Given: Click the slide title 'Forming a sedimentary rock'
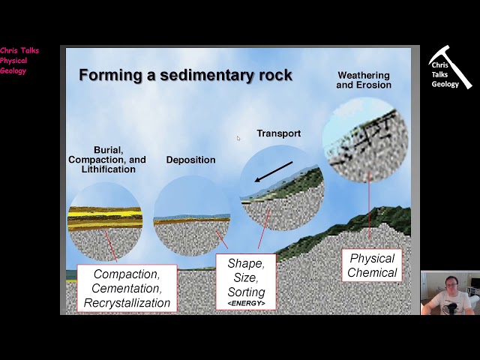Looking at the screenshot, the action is (x=185, y=75).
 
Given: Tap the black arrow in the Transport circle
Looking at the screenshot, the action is (x=273, y=172).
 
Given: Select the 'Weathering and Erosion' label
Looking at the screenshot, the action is (x=364, y=80).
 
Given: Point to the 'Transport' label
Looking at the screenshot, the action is (x=278, y=133).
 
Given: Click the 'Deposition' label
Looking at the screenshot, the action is (x=190, y=160).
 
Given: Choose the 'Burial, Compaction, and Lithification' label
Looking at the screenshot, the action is (x=107, y=160).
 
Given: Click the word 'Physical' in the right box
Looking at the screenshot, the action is (x=372, y=259).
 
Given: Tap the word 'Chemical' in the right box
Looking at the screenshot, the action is (x=372, y=273).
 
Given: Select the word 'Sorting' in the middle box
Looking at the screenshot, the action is (x=246, y=292).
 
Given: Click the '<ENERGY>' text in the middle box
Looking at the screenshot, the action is (x=246, y=303).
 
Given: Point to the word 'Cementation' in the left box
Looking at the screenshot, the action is (x=127, y=289).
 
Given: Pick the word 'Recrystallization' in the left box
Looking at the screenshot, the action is (x=127, y=303).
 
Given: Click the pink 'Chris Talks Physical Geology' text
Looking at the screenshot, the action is (x=19, y=61).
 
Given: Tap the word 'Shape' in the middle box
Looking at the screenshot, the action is (x=246, y=264).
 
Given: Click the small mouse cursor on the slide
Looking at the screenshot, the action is (x=238, y=138).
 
